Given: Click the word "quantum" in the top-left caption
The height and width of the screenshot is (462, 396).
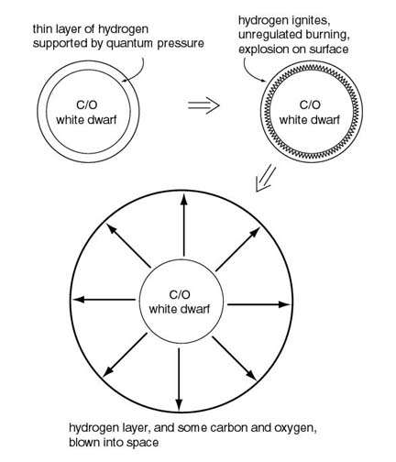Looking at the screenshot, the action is click(x=130, y=44).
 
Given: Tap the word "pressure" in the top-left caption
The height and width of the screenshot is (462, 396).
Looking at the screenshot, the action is click(x=181, y=44).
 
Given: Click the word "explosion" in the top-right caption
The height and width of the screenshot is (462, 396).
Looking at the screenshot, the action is click(x=264, y=49).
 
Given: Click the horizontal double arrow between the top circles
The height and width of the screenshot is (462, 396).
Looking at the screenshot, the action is click(x=203, y=105).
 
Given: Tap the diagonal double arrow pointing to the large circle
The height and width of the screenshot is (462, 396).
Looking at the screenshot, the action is click(x=265, y=179).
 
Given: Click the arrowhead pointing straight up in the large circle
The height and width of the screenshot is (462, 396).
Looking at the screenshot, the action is click(x=183, y=200).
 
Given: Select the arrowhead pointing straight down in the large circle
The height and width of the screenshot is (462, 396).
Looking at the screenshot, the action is click(x=179, y=402).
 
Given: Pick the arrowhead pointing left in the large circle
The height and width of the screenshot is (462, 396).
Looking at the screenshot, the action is click(x=79, y=300).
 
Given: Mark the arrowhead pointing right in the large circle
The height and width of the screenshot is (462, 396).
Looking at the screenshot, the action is click(x=283, y=304).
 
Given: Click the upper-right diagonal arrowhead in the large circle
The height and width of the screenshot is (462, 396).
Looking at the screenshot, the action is click(x=255, y=232).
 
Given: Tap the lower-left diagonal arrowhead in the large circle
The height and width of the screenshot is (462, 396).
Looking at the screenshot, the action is click(x=108, y=372).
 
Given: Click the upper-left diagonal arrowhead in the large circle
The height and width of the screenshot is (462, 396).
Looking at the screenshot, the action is click(x=111, y=228).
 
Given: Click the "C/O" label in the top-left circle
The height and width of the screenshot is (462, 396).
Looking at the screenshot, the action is click(x=87, y=105).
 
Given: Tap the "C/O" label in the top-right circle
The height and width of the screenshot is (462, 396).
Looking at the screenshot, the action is click(x=310, y=105).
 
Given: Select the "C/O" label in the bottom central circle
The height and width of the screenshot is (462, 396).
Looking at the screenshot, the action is click(x=180, y=295).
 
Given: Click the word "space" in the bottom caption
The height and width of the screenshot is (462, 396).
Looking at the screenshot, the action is click(x=142, y=443).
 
